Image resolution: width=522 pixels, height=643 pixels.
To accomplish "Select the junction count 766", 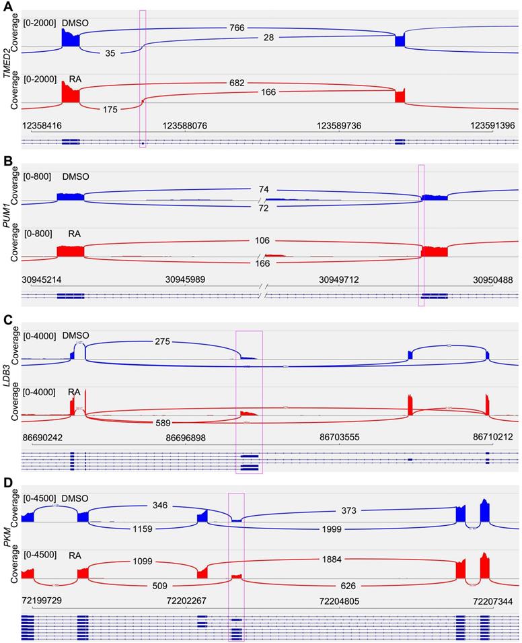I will coord(236,28).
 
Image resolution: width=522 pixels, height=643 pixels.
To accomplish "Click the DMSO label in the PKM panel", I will coord(75,498).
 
